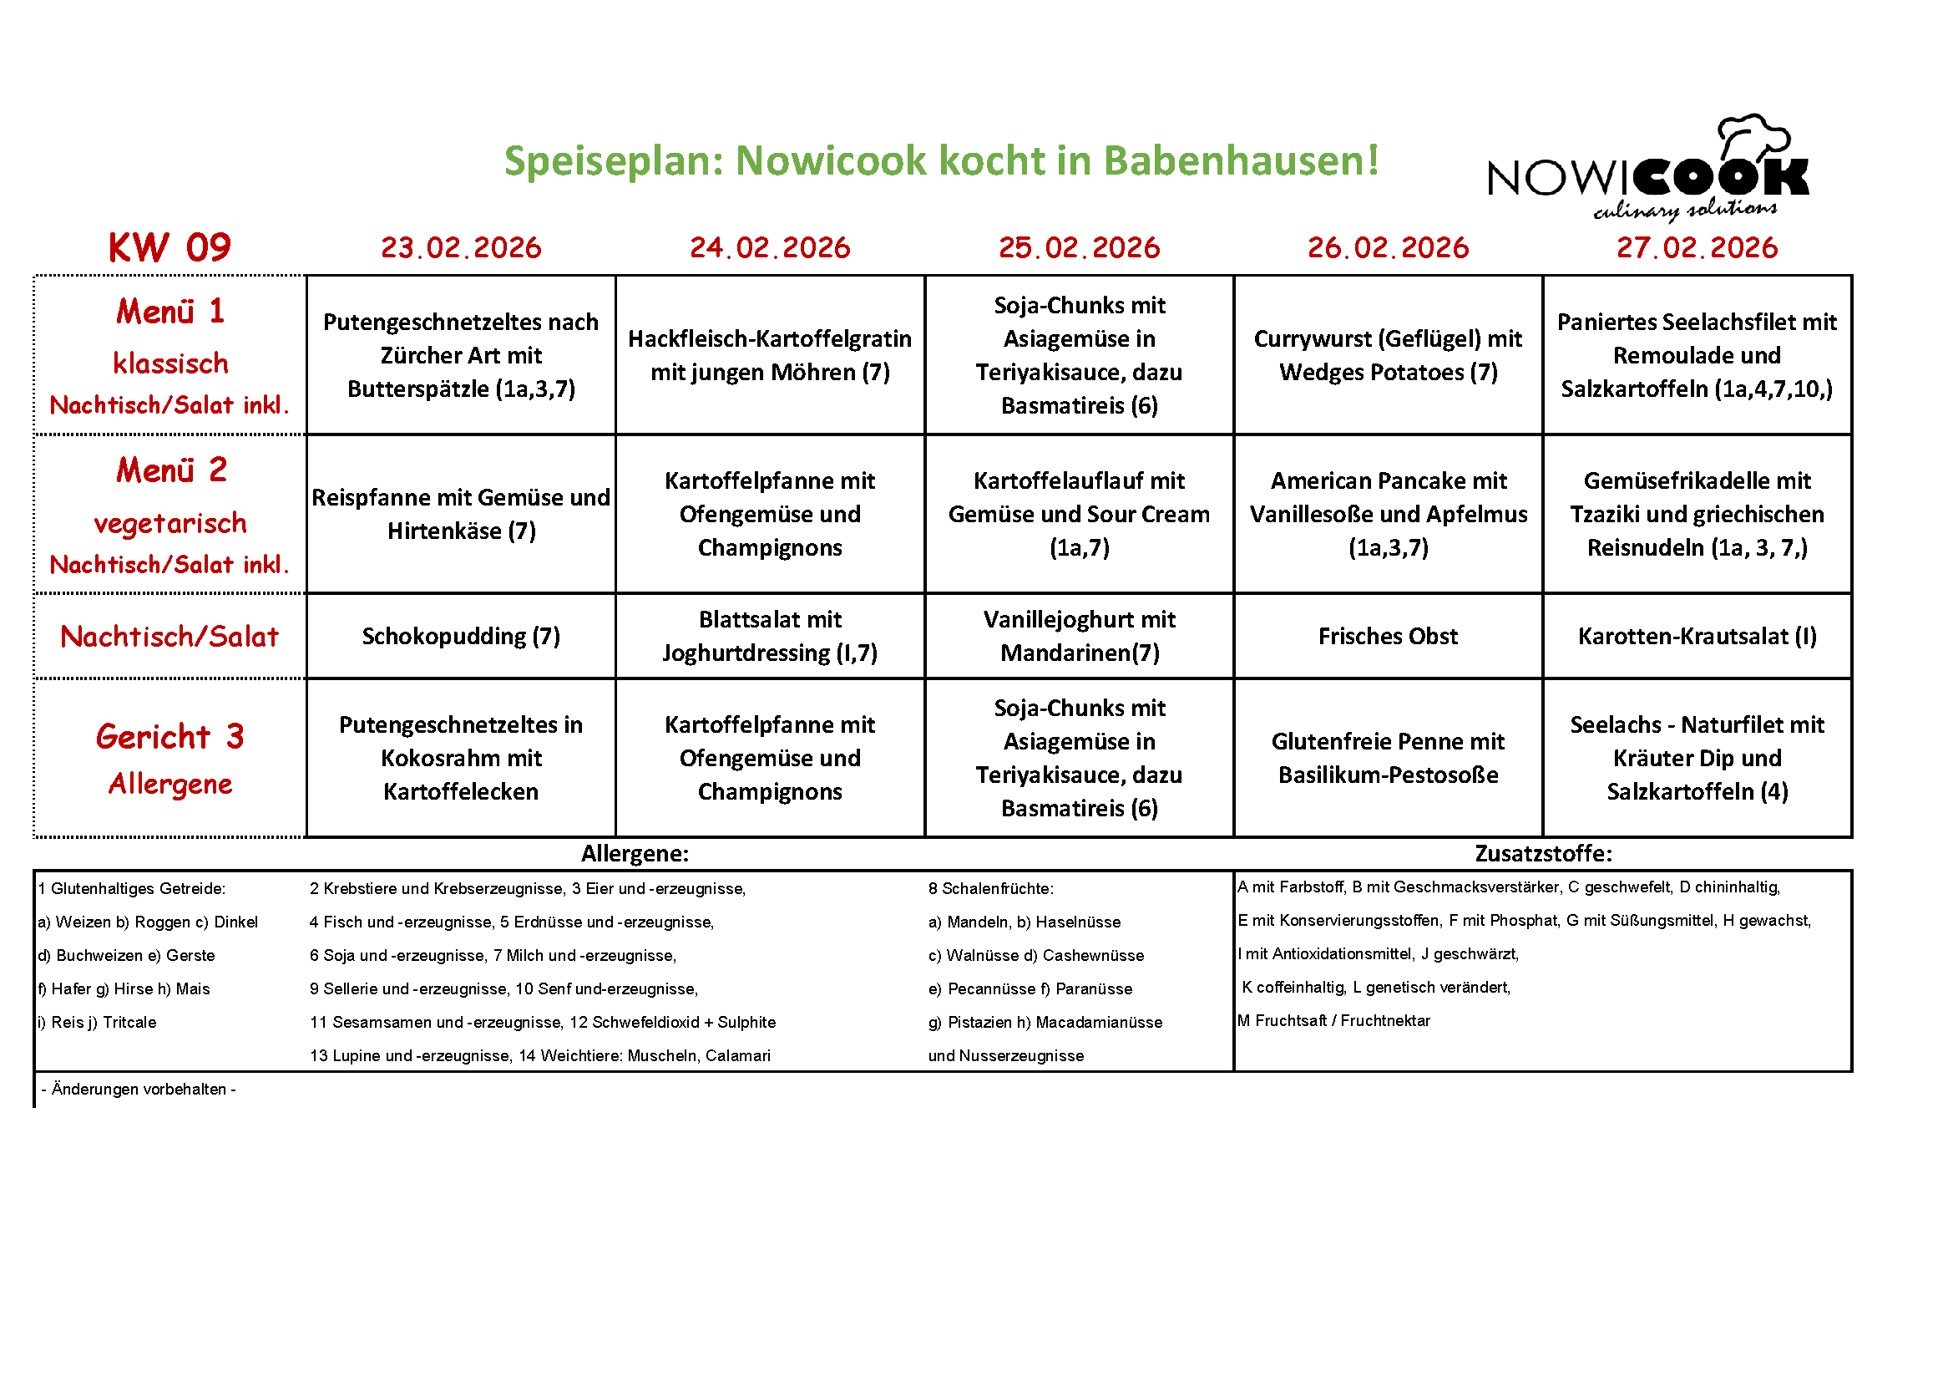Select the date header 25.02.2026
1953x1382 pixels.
point(1079,247)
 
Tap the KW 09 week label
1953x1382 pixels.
point(169,247)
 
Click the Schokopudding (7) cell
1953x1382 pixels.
point(461,636)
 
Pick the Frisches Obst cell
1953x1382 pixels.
point(1388,636)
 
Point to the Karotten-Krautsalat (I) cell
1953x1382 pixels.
point(1697,636)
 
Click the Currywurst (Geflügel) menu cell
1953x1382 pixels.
point(1388,355)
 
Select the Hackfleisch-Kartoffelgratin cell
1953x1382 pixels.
point(770,355)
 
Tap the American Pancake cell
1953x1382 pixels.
point(1388,514)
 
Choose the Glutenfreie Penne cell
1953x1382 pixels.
point(1388,757)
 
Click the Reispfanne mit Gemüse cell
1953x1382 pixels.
point(461,514)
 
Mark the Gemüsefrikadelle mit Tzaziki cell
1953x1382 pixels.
point(1697,514)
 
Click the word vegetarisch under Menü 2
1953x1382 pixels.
point(170,523)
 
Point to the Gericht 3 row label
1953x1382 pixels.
point(170,737)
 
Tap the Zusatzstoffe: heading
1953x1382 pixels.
point(1543,854)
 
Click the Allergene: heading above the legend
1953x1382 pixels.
point(635,854)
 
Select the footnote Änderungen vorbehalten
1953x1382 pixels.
point(139,1090)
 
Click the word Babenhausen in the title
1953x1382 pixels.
point(1240,160)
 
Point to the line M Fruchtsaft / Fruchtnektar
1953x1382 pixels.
point(1333,1020)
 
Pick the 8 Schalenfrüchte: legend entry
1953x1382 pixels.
point(991,888)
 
